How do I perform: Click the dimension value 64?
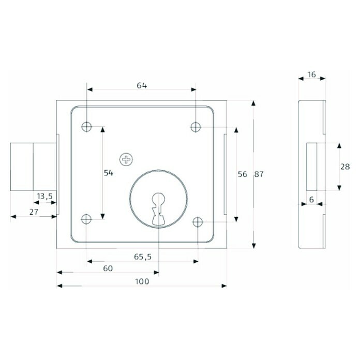[142, 85]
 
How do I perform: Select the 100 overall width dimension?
[142, 281]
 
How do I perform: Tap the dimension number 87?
[259, 174]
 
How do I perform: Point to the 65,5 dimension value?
[143, 257]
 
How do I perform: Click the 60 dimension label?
[108, 268]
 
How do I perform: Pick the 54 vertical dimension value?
[109, 173]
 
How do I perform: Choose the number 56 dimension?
[243, 174]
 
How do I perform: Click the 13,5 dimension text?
[45, 197]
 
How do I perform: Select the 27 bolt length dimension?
[34, 212]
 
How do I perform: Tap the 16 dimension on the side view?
[311, 74]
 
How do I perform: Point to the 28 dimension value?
[345, 167]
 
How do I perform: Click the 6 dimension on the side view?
[311, 200]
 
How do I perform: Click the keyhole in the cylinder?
[158, 209]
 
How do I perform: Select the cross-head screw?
[126, 159]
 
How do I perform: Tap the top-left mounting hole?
[86, 127]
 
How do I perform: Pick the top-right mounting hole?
[196, 127]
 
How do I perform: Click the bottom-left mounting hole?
[86, 219]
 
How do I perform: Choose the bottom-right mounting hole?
[198, 222]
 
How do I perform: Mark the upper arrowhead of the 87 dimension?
[253, 103]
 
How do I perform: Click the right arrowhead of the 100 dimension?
[224, 286]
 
